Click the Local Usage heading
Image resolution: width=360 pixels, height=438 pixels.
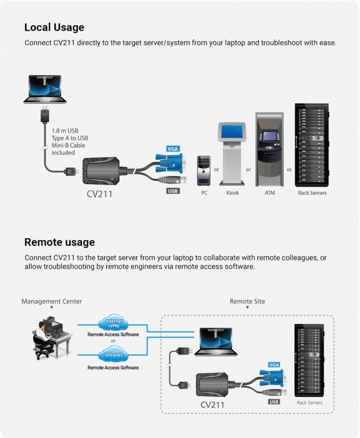click(54, 27)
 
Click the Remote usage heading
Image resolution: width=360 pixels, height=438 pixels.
click(59, 242)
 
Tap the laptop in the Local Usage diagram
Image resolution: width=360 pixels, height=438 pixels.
click(45, 89)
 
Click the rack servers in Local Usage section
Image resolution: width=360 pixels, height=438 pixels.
click(312, 146)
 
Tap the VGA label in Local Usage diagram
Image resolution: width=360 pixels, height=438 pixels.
click(173, 149)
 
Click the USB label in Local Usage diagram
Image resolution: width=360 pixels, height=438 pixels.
click(173, 191)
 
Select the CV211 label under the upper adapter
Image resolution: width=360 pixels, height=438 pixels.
click(99, 194)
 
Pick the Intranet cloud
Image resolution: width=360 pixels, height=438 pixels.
click(113, 355)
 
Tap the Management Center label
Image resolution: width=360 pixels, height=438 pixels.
click(51, 301)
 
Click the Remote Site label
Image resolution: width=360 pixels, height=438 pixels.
click(247, 301)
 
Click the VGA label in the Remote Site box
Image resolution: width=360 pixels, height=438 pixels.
click(274, 365)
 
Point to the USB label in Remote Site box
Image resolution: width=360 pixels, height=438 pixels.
click(274, 402)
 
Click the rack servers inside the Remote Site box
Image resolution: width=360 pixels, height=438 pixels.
click(309, 360)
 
